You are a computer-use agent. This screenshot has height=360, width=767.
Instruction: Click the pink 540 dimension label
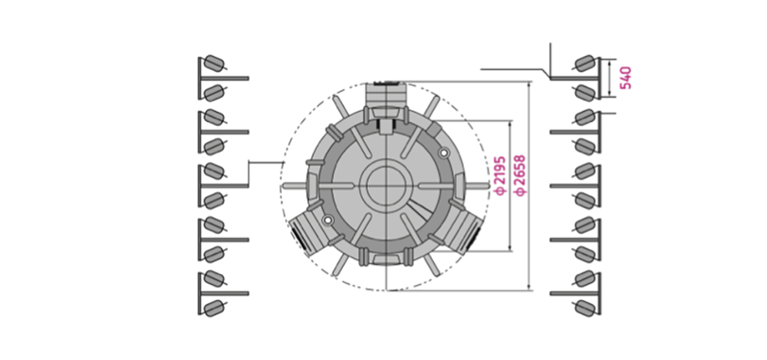[x=626, y=78]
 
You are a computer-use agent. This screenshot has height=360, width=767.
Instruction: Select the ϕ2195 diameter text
[x=499, y=176]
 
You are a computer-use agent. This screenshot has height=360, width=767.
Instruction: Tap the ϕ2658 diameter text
[x=520, y=175]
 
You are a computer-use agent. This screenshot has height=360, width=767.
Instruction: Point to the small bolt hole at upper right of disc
[x=443, y=154]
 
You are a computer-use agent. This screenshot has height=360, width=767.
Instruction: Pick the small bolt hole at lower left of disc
[x=328, y=219]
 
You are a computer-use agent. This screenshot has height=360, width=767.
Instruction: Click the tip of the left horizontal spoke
[x=284, y=186]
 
